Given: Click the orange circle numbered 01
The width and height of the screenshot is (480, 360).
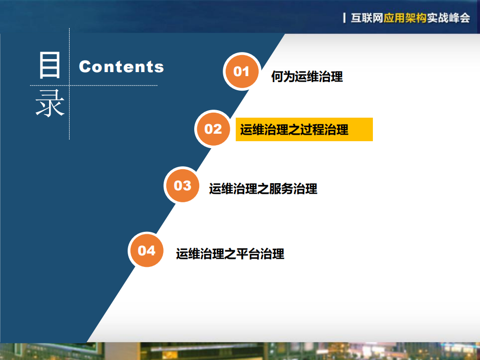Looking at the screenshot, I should pyautogui.click(x=241, y=71).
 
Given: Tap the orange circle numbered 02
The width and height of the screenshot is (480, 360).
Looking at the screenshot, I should pyautogui.click(x=213, y=129).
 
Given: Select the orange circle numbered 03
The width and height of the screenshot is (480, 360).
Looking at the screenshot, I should pyautogui.click(x=183, y=186).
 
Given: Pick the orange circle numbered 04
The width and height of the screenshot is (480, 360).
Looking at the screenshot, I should pyautogui.click(x=147, y=250).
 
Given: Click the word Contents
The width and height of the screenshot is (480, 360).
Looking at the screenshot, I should pyautogui.click(x=122, y=67).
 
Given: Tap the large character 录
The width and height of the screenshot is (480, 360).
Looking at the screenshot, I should pyautogui.click(x=50, y=103).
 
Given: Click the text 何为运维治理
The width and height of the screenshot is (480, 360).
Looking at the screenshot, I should pyautogui.click(x=307, y=77).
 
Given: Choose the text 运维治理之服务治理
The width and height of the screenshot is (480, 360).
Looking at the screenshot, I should pyautogui.click(x=263, y=189).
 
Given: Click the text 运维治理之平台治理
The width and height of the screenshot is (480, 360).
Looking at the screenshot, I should pyautogui.click(x=230, y=254).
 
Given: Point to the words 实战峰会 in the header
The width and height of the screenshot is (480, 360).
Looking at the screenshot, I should pyautogui.click(x=448, y=18).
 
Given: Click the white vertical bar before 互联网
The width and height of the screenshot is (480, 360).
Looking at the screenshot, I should pyautogui.click(x=344, y=18).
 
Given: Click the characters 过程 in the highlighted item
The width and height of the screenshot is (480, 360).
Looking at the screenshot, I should pyautogui.click(x=312, y=130).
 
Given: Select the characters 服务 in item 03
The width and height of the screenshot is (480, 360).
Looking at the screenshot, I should pyautogui.click(x=282, y=189).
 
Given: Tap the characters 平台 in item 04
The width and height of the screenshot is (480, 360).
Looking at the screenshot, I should pyautogui.click(x=249, y=254).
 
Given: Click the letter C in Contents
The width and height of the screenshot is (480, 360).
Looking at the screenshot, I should pyautogui.click(x=85, y=67).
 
